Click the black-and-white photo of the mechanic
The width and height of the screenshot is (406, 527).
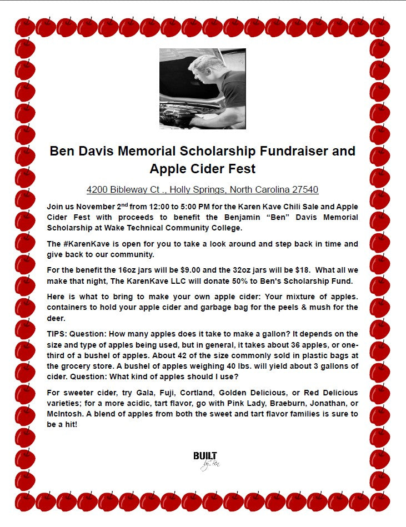[202, 89]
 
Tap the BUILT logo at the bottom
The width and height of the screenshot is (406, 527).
[205, 459]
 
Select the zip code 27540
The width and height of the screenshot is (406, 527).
[305, 189]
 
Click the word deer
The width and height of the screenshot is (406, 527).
[56, 318]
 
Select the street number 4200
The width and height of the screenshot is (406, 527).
[97, 189]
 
